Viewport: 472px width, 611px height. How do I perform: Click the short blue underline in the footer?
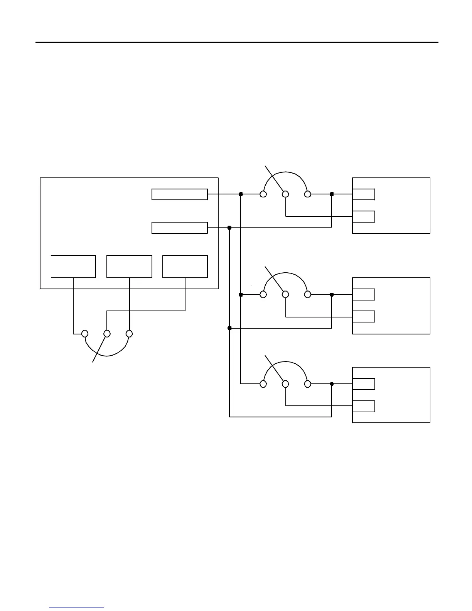(76, 608)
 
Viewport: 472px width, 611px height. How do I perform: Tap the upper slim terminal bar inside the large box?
(180, 194)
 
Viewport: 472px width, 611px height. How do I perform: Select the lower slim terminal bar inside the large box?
(180, 228)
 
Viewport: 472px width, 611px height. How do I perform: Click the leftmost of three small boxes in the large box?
(73, 266)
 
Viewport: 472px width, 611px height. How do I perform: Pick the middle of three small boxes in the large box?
(129, 266)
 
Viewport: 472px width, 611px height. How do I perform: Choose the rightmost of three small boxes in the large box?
(185, 266)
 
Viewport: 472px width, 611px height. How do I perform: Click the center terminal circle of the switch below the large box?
(107, 333)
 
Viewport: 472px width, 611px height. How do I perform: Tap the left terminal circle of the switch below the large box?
(85, 333)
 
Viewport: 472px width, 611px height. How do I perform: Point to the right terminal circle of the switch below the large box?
(130, 333)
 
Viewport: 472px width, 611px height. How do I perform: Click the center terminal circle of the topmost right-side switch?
(285, 194)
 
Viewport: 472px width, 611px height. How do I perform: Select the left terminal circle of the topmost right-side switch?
(263, 194)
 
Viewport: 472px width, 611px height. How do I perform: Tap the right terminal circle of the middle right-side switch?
(307, 295)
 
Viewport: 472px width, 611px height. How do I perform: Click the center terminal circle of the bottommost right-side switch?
(285, 384)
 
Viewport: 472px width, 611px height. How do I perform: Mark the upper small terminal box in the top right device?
(364, 194)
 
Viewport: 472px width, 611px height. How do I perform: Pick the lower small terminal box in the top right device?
(364, 216)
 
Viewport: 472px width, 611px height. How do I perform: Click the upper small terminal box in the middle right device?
(364, 294)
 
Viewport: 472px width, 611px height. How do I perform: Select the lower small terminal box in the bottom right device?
(364, 406)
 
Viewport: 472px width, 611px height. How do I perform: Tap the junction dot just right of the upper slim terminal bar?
(241, 194)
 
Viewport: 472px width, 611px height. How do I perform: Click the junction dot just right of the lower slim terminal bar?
(229, 228)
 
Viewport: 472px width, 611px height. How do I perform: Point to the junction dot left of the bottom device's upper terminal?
(332, 384)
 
